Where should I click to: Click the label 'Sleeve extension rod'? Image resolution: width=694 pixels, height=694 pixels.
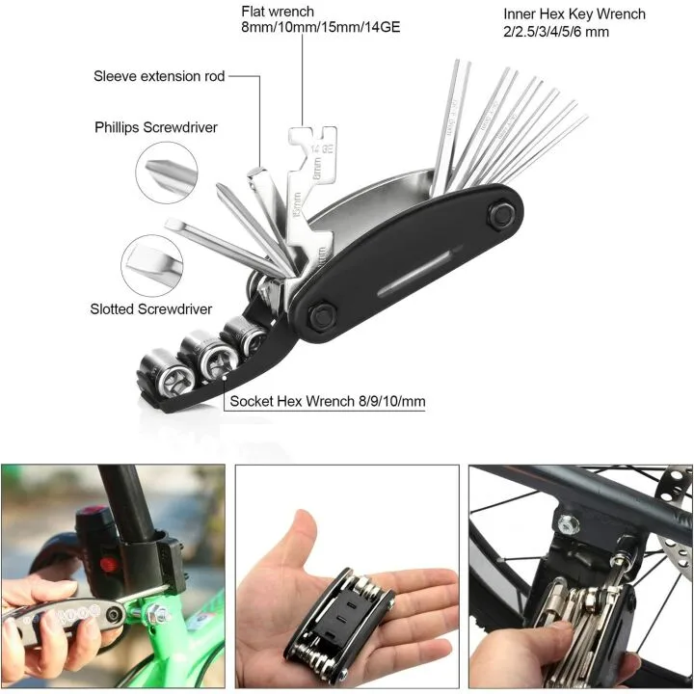(159, 76)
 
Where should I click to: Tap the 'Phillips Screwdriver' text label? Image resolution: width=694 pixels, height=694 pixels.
(155, 127)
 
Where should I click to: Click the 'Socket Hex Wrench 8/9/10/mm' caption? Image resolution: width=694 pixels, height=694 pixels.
(327, 400)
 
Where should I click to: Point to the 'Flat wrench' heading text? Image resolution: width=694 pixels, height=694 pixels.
(278, 12)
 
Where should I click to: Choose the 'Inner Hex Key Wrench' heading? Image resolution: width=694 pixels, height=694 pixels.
(574, 14)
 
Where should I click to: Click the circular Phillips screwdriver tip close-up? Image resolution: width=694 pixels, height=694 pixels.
(169, 172)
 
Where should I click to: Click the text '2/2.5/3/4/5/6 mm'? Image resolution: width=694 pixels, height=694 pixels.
(556, 32)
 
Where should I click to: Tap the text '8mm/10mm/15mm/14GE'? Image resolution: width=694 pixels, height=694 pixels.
(320, 28)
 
